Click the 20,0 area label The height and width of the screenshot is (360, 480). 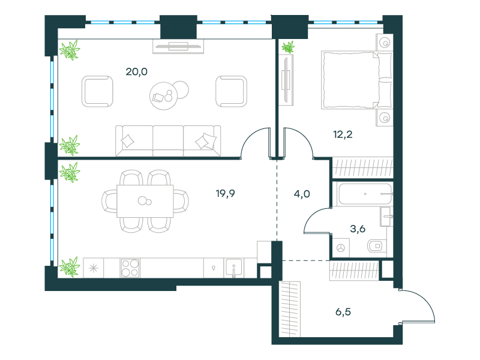click(137, 71)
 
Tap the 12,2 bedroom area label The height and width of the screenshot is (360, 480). click(343, 134)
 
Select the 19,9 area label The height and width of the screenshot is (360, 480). click(226, 193)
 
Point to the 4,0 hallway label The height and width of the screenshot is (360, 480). click(302, 194)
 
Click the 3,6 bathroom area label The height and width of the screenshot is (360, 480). click(358, 229)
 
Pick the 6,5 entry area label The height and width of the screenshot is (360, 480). click(343, 312)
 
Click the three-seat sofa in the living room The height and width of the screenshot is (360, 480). click(168, 141)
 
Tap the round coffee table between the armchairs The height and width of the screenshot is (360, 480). click(164, 96)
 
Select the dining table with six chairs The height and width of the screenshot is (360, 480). click(145, 201)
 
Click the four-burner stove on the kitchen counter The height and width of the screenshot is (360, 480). click(130, 268)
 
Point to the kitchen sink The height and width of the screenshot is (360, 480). click(233, 268)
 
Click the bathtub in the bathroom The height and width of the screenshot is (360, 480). click(365, 194)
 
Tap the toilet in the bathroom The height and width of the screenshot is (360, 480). click(376, 246)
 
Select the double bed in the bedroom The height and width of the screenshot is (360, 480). click(356, 80)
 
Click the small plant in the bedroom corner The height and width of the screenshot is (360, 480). click(288, 47)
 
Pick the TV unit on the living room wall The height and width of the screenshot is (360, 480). click(178, 47)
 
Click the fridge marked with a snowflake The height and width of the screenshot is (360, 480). click(94, 268)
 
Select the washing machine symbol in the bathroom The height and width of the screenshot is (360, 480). click(341, 248)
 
